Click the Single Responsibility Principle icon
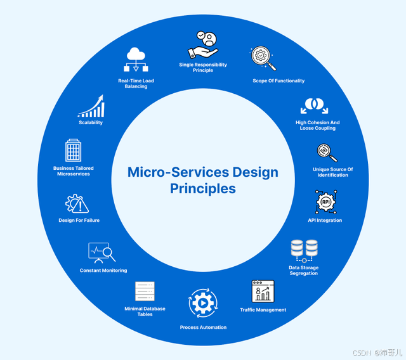click(203, 44)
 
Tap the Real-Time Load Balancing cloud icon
click(136, 61)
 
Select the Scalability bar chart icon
click(91, 106)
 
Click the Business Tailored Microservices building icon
click(74, 150)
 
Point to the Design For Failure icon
click(77, 204)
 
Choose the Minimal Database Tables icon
click(145, 292)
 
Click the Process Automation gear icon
click(203, 303)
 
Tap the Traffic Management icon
click(262, 292)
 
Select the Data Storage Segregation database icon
click(304, 250)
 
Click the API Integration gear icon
click(325, 202)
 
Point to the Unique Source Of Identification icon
click(327, 153)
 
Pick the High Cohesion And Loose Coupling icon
click(315, 106)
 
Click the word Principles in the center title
click(202, 188)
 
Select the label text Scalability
click(90, 122)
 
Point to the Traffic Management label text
click(263, 310)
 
